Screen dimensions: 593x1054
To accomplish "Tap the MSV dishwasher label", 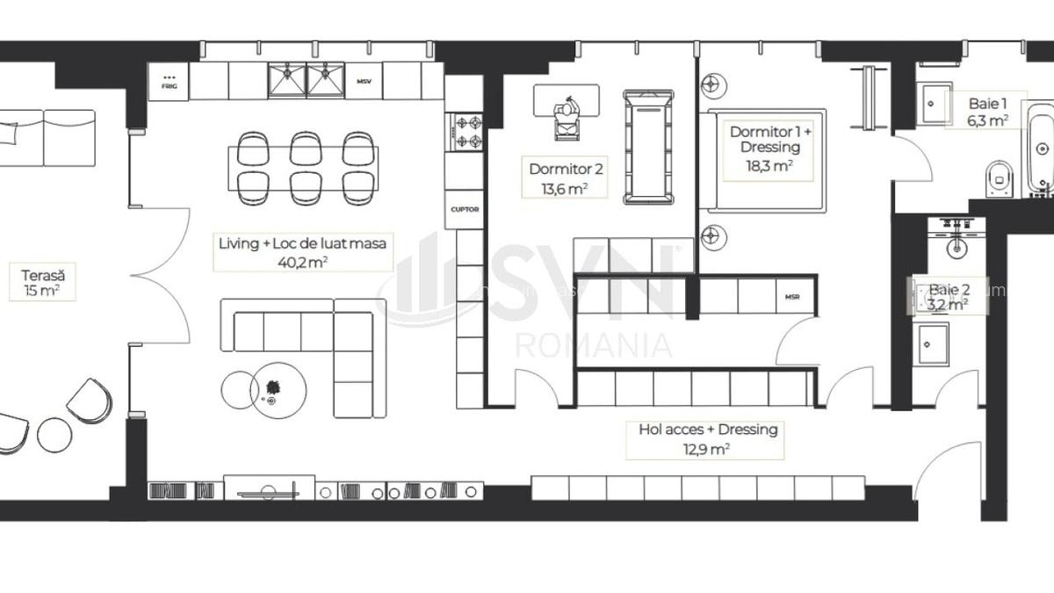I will point(364,82).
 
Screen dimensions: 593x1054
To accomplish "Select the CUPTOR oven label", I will point(464,210).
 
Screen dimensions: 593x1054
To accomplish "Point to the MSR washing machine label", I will point(793,297).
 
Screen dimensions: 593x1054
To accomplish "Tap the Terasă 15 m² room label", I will point(42,282).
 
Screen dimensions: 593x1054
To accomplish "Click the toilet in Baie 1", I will point(1000,178).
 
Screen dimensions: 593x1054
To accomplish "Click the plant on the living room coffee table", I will point(271,387).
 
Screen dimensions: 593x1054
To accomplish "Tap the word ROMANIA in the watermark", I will point(594,344).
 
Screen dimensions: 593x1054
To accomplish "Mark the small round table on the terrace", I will point(53,434).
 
